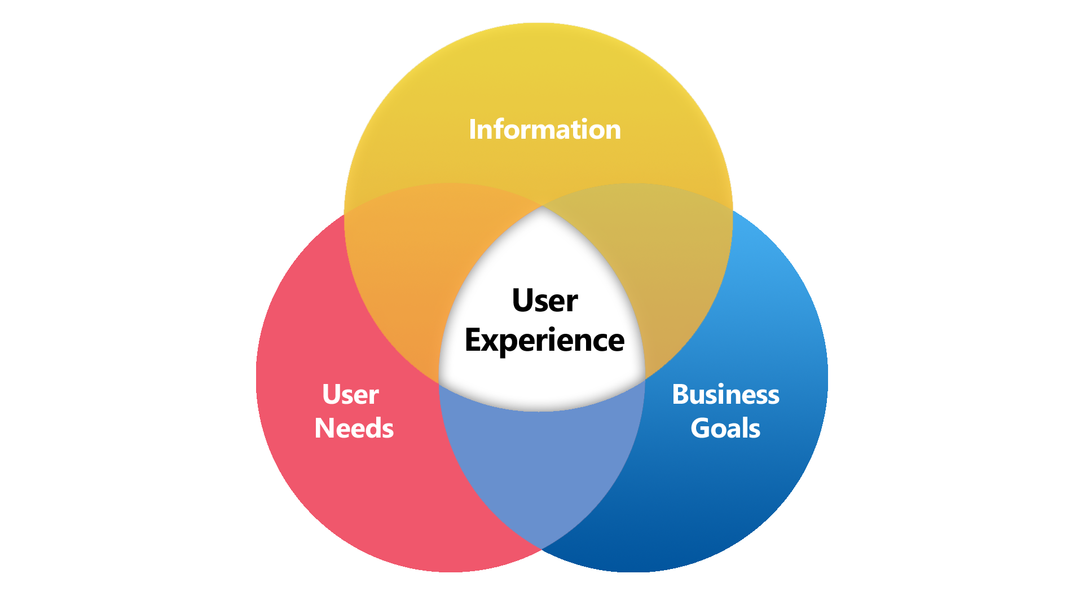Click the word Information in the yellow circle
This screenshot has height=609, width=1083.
point(544,130)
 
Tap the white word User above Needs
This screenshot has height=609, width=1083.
point(350,394)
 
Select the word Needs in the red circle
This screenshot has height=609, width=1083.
point(354,428)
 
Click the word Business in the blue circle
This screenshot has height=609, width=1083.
point(725,394)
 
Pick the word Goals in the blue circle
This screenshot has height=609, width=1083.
point(725,428)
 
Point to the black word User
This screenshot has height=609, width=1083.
point(544,301)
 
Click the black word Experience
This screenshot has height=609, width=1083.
point(544,341)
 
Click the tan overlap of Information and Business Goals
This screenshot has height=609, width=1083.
point(671,271)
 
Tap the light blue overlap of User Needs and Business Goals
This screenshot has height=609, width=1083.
point(541,468)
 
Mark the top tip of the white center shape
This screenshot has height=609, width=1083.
point(542,207)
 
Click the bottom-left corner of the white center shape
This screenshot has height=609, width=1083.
point(439,383)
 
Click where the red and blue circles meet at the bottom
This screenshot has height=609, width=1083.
point(541,549)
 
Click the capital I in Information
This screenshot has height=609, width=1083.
point(472,130)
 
